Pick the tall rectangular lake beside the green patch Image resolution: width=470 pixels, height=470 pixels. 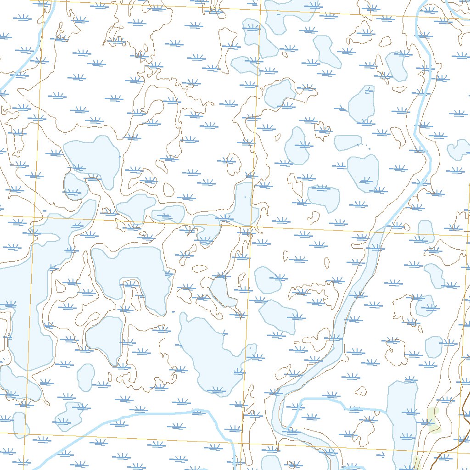(x=402, y=422)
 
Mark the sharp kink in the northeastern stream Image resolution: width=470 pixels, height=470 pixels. (x=416, y=133)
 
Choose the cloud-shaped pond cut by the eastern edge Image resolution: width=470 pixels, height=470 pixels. (x=459, y=149)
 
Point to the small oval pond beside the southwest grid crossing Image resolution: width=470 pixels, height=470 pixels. (x=19, y=425)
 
